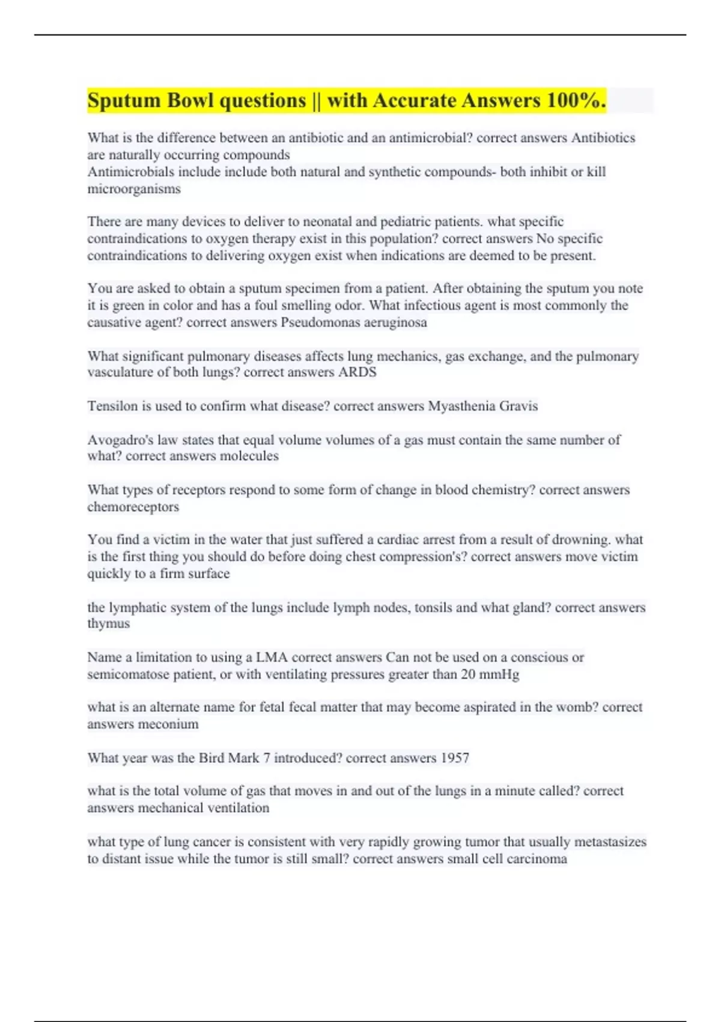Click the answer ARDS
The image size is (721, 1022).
tap(357, 372)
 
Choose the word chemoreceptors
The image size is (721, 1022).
tap(133, 507)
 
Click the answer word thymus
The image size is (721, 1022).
tap(108, 623)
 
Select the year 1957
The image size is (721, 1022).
tap(455, 757)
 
